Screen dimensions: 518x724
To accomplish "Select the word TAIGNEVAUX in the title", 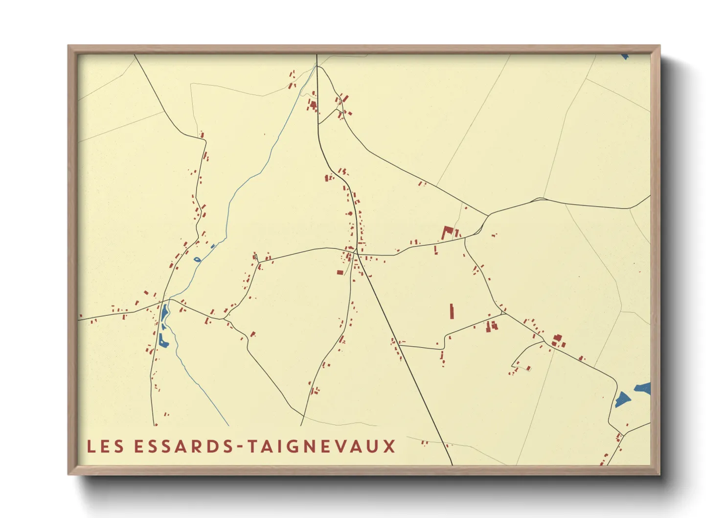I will tap(321, 447).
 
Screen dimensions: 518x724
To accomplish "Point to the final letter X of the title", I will tap(389, 447).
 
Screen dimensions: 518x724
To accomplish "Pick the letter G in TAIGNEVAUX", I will tap(291, 447).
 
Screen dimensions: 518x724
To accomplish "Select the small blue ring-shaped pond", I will tap(197, 259).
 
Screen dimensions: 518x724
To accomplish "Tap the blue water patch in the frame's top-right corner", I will tap(625, 57).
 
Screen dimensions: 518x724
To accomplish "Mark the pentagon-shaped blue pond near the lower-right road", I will tap(622, 400).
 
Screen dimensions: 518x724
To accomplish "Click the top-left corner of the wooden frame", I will tap(68, 46).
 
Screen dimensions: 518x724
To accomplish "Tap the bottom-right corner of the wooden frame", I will tap(659, 473).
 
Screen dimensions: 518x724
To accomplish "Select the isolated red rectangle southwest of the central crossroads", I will tap(340, 272).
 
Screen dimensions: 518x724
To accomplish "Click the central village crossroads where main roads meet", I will tap(357, 254).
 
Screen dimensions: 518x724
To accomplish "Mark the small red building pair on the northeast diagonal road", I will tap(422, 184).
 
